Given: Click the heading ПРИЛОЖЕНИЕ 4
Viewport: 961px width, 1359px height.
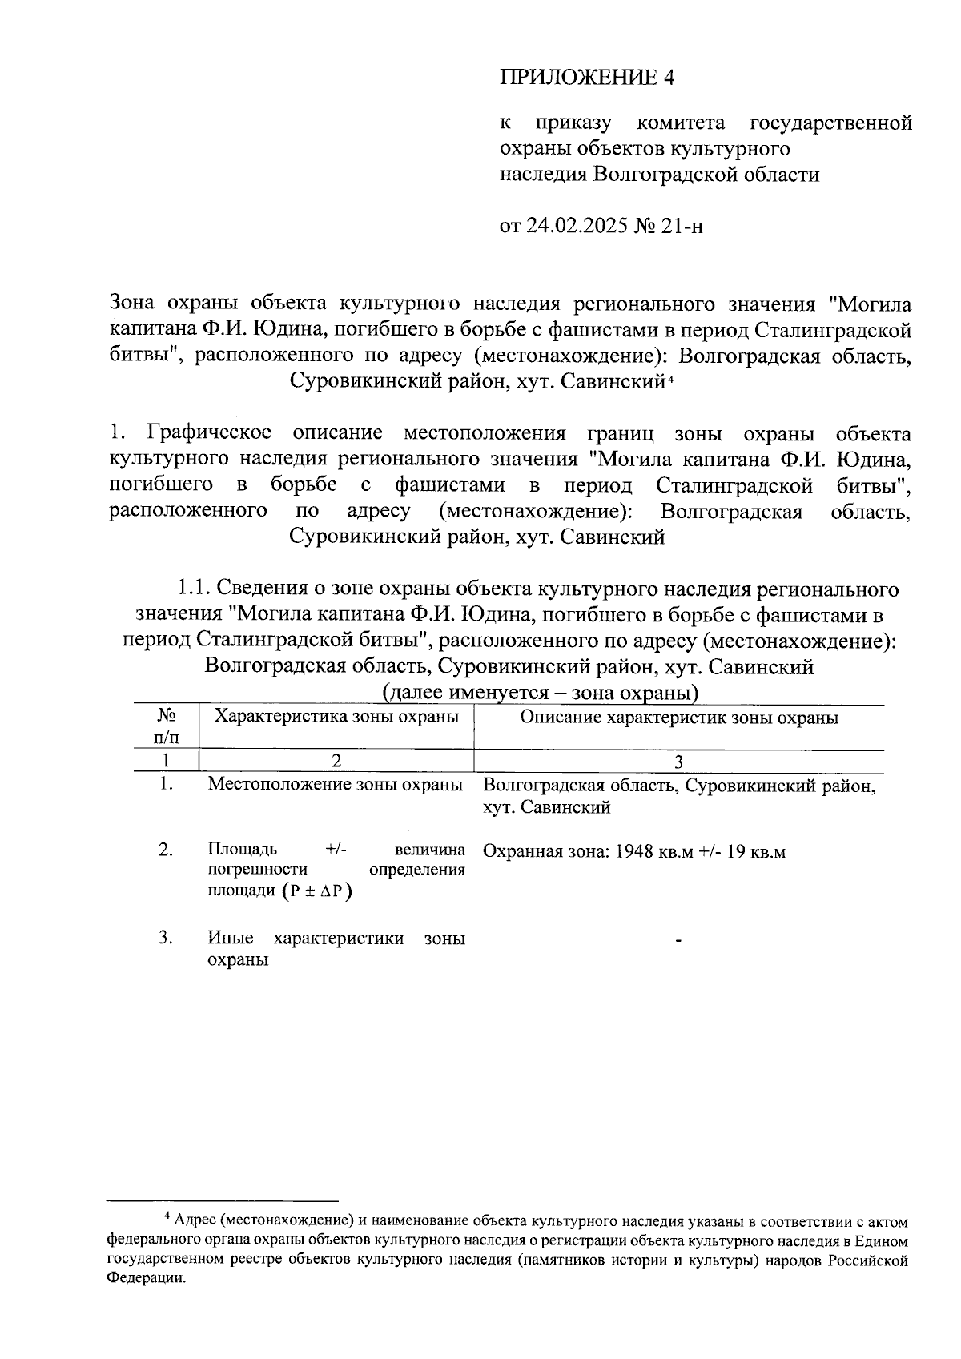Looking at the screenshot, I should tap(588, 78).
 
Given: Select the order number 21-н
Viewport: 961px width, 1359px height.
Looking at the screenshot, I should tap(683, 227).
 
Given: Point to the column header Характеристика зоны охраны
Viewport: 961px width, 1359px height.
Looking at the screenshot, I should tap(336, 717).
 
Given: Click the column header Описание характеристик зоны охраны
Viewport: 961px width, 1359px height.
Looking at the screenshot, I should tap(679, 718).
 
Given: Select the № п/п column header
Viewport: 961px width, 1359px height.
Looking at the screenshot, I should tap(166, 725).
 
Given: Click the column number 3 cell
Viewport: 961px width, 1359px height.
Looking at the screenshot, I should tap(679, 762).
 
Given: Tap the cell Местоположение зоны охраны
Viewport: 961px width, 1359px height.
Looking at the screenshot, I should tap(336, 785).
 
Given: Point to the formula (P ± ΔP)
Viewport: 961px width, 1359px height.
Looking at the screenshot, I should tap(317, 891).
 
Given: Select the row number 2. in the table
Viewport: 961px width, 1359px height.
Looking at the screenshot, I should tap(166, 850).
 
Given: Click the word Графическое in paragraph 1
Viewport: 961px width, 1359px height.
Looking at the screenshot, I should tap(210, 434).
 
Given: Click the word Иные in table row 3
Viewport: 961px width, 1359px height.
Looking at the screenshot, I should tap(231, 939).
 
